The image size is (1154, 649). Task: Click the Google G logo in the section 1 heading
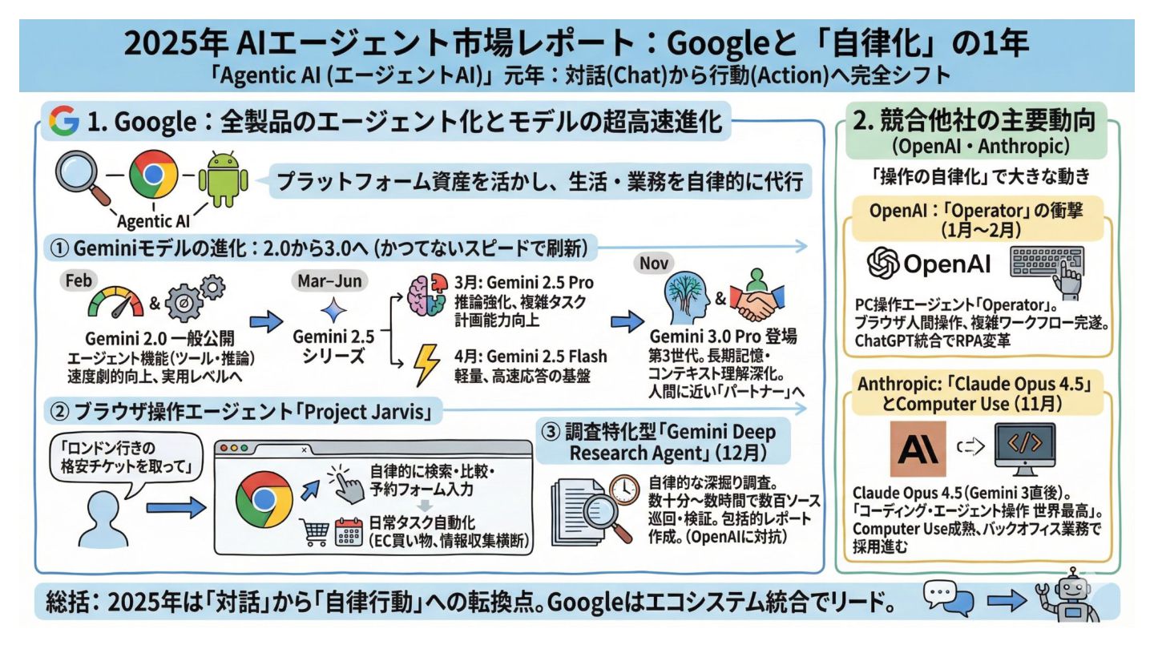[x=64, y=121]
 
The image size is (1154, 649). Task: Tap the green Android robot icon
[x=225, y=178]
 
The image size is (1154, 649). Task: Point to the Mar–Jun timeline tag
[x=329, y=283]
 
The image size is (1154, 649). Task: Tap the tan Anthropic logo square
[x=918, y=447]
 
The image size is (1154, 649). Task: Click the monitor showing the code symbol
[x=1023, y=448]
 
